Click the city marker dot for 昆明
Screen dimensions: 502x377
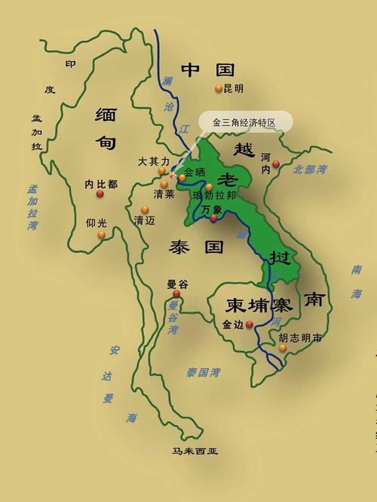pos(219,88)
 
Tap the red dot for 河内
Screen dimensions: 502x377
pos(276,164)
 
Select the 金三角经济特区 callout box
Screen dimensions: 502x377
pos(241,122)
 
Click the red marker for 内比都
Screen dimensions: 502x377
pos(100,194)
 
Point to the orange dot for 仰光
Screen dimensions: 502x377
pos(101,235)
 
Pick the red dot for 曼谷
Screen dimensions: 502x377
pos(176,294)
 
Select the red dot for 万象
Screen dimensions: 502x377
pos(213,218)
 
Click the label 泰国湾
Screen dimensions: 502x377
pos(203,371)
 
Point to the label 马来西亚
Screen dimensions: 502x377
pos(195,451)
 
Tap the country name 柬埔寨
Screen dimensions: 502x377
pos(259,305)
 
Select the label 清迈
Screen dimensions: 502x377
pos(144,220)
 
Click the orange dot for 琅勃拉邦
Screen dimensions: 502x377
pos(210,186)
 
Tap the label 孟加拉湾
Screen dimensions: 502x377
pos(32,208)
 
